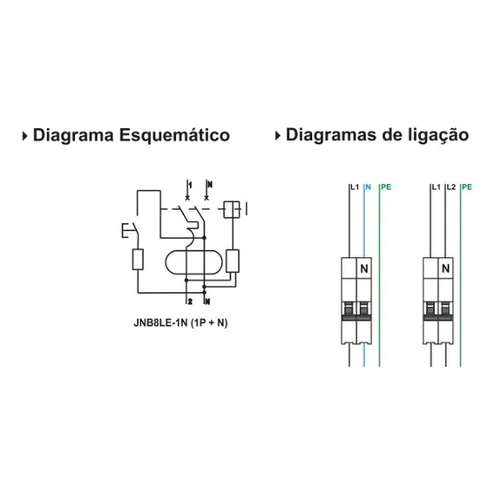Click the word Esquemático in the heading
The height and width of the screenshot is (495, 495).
[174, 136]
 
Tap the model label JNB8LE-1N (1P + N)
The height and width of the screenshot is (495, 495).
[180, 322]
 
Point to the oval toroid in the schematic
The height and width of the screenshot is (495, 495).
[193, 261]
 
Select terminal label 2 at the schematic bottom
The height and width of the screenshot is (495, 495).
[190, 302]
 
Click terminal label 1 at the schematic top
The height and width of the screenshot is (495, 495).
[190, 185]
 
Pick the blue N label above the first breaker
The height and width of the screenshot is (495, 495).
[368, 187]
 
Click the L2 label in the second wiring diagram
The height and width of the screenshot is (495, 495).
[451, 187]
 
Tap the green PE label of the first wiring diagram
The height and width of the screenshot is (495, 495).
[386, 187]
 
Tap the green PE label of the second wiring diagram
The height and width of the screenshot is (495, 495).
[467, 187]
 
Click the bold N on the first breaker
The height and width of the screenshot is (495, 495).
[364, 268]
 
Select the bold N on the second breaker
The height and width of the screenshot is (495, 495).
[445, 268]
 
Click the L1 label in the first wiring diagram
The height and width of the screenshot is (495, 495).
[355, 187]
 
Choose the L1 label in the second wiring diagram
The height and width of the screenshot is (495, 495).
[436, 187]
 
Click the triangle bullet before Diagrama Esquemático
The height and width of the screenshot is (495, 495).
[25, 136]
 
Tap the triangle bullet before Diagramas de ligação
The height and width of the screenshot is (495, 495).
[278, 136]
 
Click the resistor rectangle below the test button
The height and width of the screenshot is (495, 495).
[138, 260]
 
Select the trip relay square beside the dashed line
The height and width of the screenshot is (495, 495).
[232, 209]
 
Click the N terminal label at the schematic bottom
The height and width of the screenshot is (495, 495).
[207, 302]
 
